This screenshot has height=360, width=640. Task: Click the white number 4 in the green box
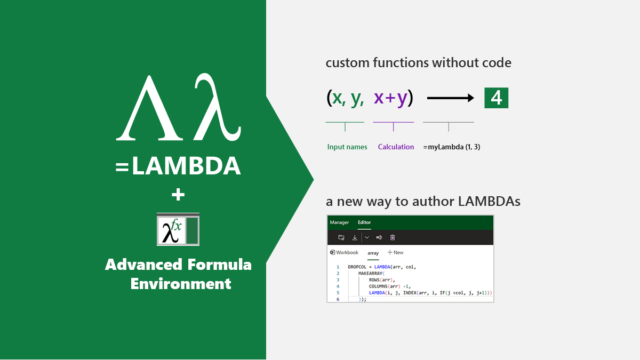[496, 98]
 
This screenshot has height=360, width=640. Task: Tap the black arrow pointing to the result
[451, 98]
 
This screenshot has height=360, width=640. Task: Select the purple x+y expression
[391, 98]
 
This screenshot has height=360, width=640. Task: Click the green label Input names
[347, 147]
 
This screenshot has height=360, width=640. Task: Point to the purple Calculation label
[396, 147]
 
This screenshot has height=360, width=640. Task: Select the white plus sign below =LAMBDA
[178, 195]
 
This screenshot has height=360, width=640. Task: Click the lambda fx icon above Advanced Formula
[178, 230]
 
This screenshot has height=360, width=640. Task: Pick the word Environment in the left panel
[181, 283]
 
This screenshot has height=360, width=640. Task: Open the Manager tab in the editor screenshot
[339, 222]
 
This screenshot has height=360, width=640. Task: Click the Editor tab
[364, 222]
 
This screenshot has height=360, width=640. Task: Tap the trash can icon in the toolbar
[393, 237]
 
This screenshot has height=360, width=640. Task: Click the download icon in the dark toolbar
[355, 237]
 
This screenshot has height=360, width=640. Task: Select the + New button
[395, 253]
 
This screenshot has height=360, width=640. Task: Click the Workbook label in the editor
[347, 253]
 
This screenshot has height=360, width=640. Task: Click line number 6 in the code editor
[338, 299]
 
